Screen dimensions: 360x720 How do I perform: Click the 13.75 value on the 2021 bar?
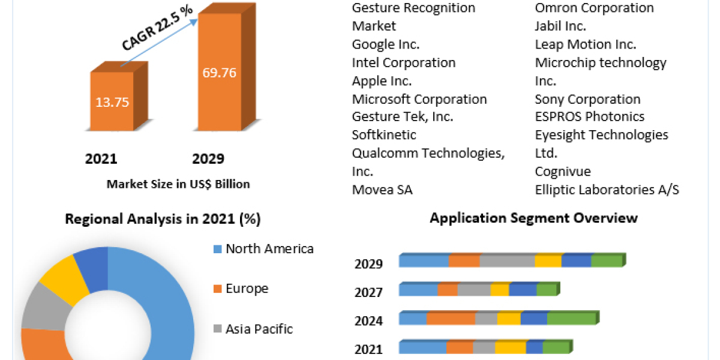[112, 101]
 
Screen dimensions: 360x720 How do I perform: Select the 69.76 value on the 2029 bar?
[220, 73]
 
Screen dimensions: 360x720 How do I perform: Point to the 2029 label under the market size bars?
[208, 159]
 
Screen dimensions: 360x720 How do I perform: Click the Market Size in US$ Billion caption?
[178, 184]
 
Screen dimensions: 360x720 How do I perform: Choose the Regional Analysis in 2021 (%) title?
[163, 219]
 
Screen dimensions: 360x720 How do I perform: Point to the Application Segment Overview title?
[533, 218]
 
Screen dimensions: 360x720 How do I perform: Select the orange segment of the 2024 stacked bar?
[451, 319]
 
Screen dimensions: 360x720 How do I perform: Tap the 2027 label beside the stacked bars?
[368, 292]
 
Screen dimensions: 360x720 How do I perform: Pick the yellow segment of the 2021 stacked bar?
[511, 347]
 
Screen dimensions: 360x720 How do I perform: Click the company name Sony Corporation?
[587, 99]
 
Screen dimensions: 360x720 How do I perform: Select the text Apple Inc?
[382, 81]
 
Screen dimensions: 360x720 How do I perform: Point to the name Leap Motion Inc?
[585, 44]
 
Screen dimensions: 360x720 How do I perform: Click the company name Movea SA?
[382, 190]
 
